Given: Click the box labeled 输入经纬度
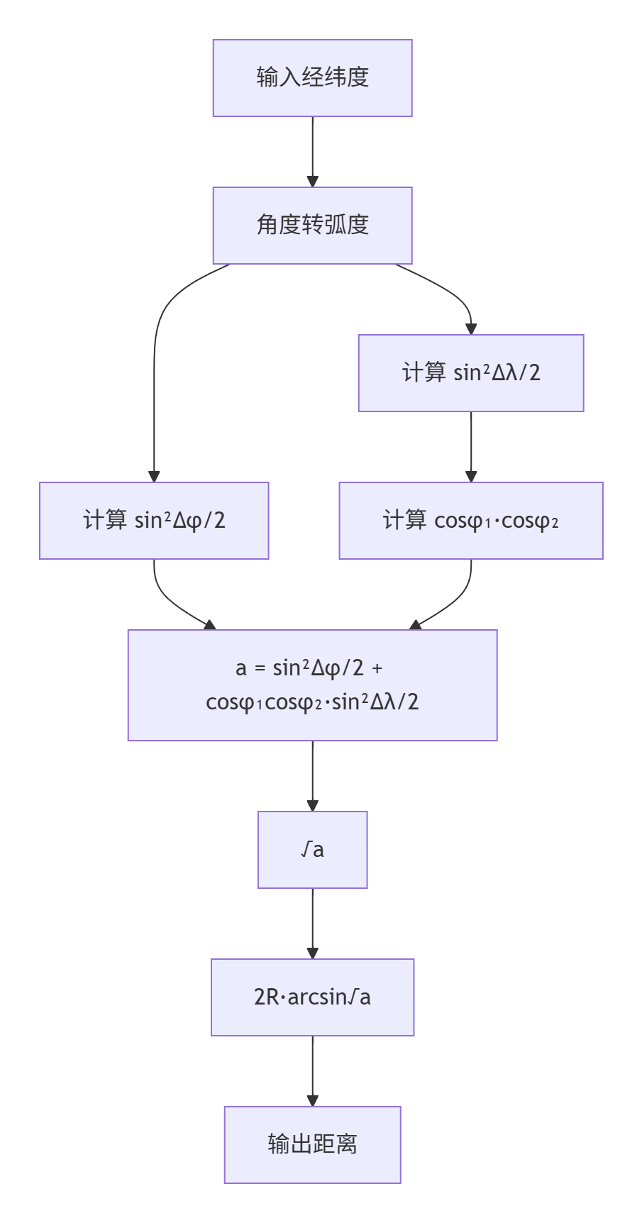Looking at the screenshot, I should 312,78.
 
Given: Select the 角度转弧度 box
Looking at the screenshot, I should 312,226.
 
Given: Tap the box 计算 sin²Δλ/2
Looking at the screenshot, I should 471,373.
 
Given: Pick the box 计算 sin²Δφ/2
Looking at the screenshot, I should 154,521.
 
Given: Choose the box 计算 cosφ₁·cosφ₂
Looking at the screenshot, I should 471,521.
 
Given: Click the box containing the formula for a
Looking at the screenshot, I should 312,685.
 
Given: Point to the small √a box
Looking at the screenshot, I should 312,850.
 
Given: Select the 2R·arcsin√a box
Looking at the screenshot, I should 312,997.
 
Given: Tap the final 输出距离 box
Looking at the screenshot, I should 312,1145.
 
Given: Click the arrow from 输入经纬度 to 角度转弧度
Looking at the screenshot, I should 312,152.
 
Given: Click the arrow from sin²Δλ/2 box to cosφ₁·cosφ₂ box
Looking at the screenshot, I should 471,447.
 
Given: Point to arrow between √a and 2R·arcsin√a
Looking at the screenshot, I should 312,924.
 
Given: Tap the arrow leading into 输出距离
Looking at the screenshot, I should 312,1071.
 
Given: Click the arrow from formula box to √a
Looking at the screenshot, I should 312,776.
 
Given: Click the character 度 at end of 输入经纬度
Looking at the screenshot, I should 359,77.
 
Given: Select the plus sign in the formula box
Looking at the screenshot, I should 377,669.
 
